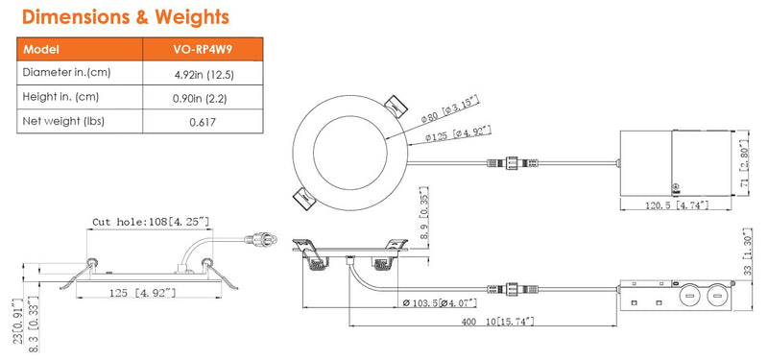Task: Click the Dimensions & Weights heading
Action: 125,17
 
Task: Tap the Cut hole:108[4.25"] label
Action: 151,221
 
